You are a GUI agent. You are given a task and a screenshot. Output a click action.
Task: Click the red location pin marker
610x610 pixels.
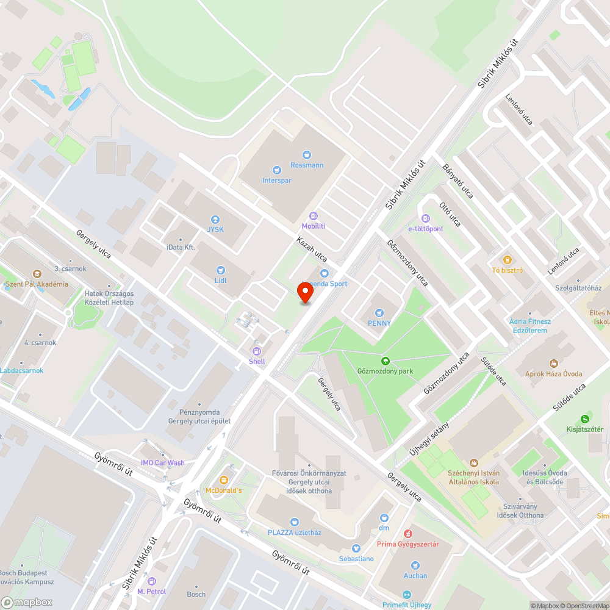coord(305,292)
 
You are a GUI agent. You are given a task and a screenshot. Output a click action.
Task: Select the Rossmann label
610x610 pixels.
coord(307,165)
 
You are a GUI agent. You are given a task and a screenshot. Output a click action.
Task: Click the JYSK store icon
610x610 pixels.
coord(215,220)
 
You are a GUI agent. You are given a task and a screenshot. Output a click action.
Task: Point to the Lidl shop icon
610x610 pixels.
coord(221,270)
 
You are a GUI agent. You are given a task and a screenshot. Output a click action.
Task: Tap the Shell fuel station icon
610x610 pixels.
coord(257,351)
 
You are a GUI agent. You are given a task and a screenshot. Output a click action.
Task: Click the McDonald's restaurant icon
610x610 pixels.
coord(224,479)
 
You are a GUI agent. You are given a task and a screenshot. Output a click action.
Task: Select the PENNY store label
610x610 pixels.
coord(379,323)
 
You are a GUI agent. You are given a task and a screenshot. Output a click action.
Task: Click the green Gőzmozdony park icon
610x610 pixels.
coord(385,361)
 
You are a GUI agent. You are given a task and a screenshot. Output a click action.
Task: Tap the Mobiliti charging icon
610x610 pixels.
coord(314,216)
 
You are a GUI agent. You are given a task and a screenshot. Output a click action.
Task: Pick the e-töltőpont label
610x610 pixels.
coord(426,229)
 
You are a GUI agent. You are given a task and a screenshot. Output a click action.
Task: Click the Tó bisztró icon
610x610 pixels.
coord(508,259)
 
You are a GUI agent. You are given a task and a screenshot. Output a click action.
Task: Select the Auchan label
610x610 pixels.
coord(415,575)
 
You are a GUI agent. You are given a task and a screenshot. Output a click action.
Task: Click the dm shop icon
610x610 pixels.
coord(384,517)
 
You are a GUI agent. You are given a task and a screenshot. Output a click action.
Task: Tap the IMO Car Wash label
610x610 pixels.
coord(162,462)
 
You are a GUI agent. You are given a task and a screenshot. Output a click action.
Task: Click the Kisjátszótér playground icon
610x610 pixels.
coord(584,418)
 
